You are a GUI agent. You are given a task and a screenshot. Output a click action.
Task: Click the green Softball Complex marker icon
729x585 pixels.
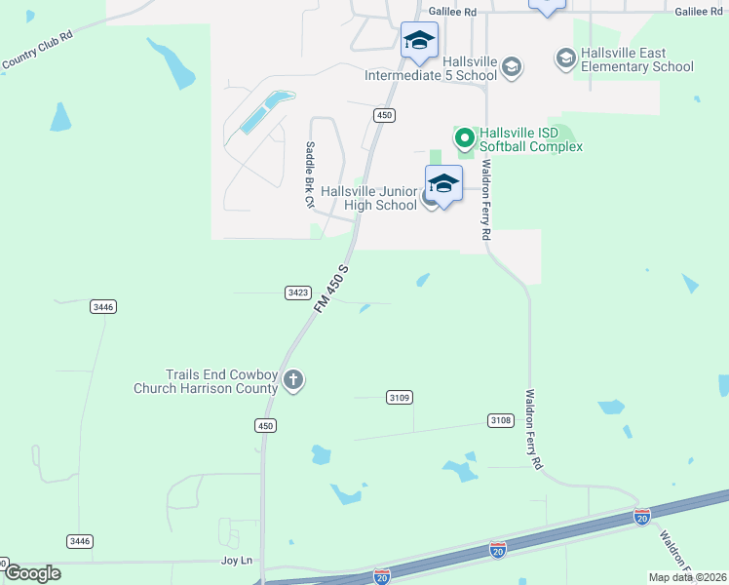click(465, 137)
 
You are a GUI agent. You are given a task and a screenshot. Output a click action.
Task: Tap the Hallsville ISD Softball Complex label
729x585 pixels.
click(530, 138)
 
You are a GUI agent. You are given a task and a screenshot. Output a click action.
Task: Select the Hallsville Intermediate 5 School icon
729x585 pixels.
click(512, 67)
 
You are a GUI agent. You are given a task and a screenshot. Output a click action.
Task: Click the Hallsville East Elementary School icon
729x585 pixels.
click(565, 59)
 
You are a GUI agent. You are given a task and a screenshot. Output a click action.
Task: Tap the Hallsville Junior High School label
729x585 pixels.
click(368, 198)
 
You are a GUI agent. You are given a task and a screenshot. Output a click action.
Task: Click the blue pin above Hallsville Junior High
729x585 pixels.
click(443, 184)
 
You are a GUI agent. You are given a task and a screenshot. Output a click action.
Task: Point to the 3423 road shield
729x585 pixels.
click(298, 292)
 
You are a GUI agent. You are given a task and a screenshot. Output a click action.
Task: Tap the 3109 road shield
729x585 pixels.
click(399, 397)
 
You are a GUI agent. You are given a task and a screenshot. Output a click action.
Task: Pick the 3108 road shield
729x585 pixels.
click(500, 420)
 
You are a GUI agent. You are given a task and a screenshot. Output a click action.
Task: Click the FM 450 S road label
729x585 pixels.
click(331, 288)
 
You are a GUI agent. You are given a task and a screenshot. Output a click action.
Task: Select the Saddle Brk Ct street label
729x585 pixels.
click(309, 175)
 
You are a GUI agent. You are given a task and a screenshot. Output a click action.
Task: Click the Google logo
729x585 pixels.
click(32, 572)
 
